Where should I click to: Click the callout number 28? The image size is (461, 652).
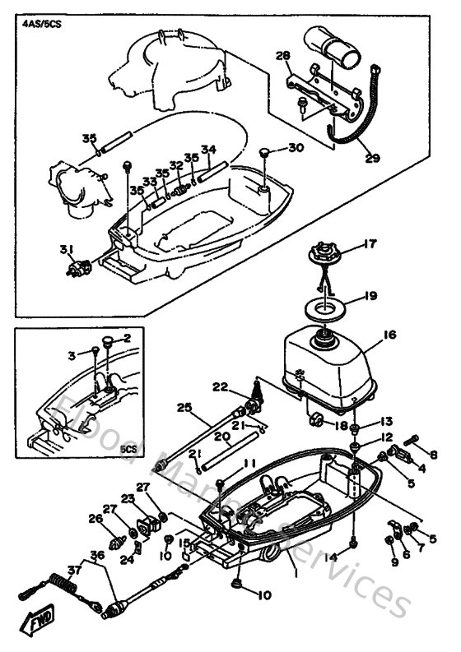282,55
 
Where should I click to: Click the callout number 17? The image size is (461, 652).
370,243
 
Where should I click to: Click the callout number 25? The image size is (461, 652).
184,406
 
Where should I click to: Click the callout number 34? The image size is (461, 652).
208,150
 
